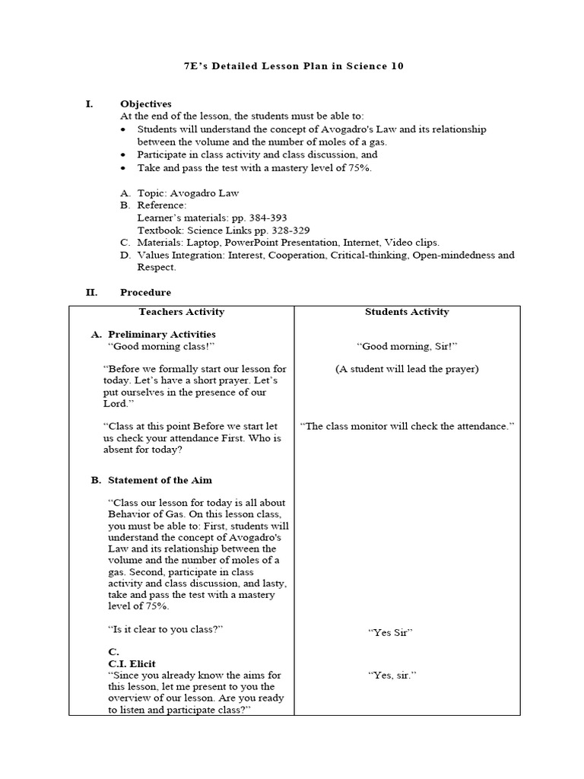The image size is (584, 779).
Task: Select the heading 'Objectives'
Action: coord(146,104)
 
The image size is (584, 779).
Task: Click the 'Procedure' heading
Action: coord(146,292)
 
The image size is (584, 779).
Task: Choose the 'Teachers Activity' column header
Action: coord(182,312)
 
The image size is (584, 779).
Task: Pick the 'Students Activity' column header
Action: coord(407,312)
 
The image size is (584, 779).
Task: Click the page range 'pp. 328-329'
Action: coord(283,230)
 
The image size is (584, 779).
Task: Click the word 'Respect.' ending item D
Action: coord(157,267)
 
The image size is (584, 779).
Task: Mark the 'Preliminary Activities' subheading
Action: coord(162,334)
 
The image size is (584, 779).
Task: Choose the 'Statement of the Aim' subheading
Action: coord(160,480)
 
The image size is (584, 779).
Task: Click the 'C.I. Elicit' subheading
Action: coord(132,663)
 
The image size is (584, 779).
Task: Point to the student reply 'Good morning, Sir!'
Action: coord(407,346)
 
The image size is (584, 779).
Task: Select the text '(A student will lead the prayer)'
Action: coord(407,369)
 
